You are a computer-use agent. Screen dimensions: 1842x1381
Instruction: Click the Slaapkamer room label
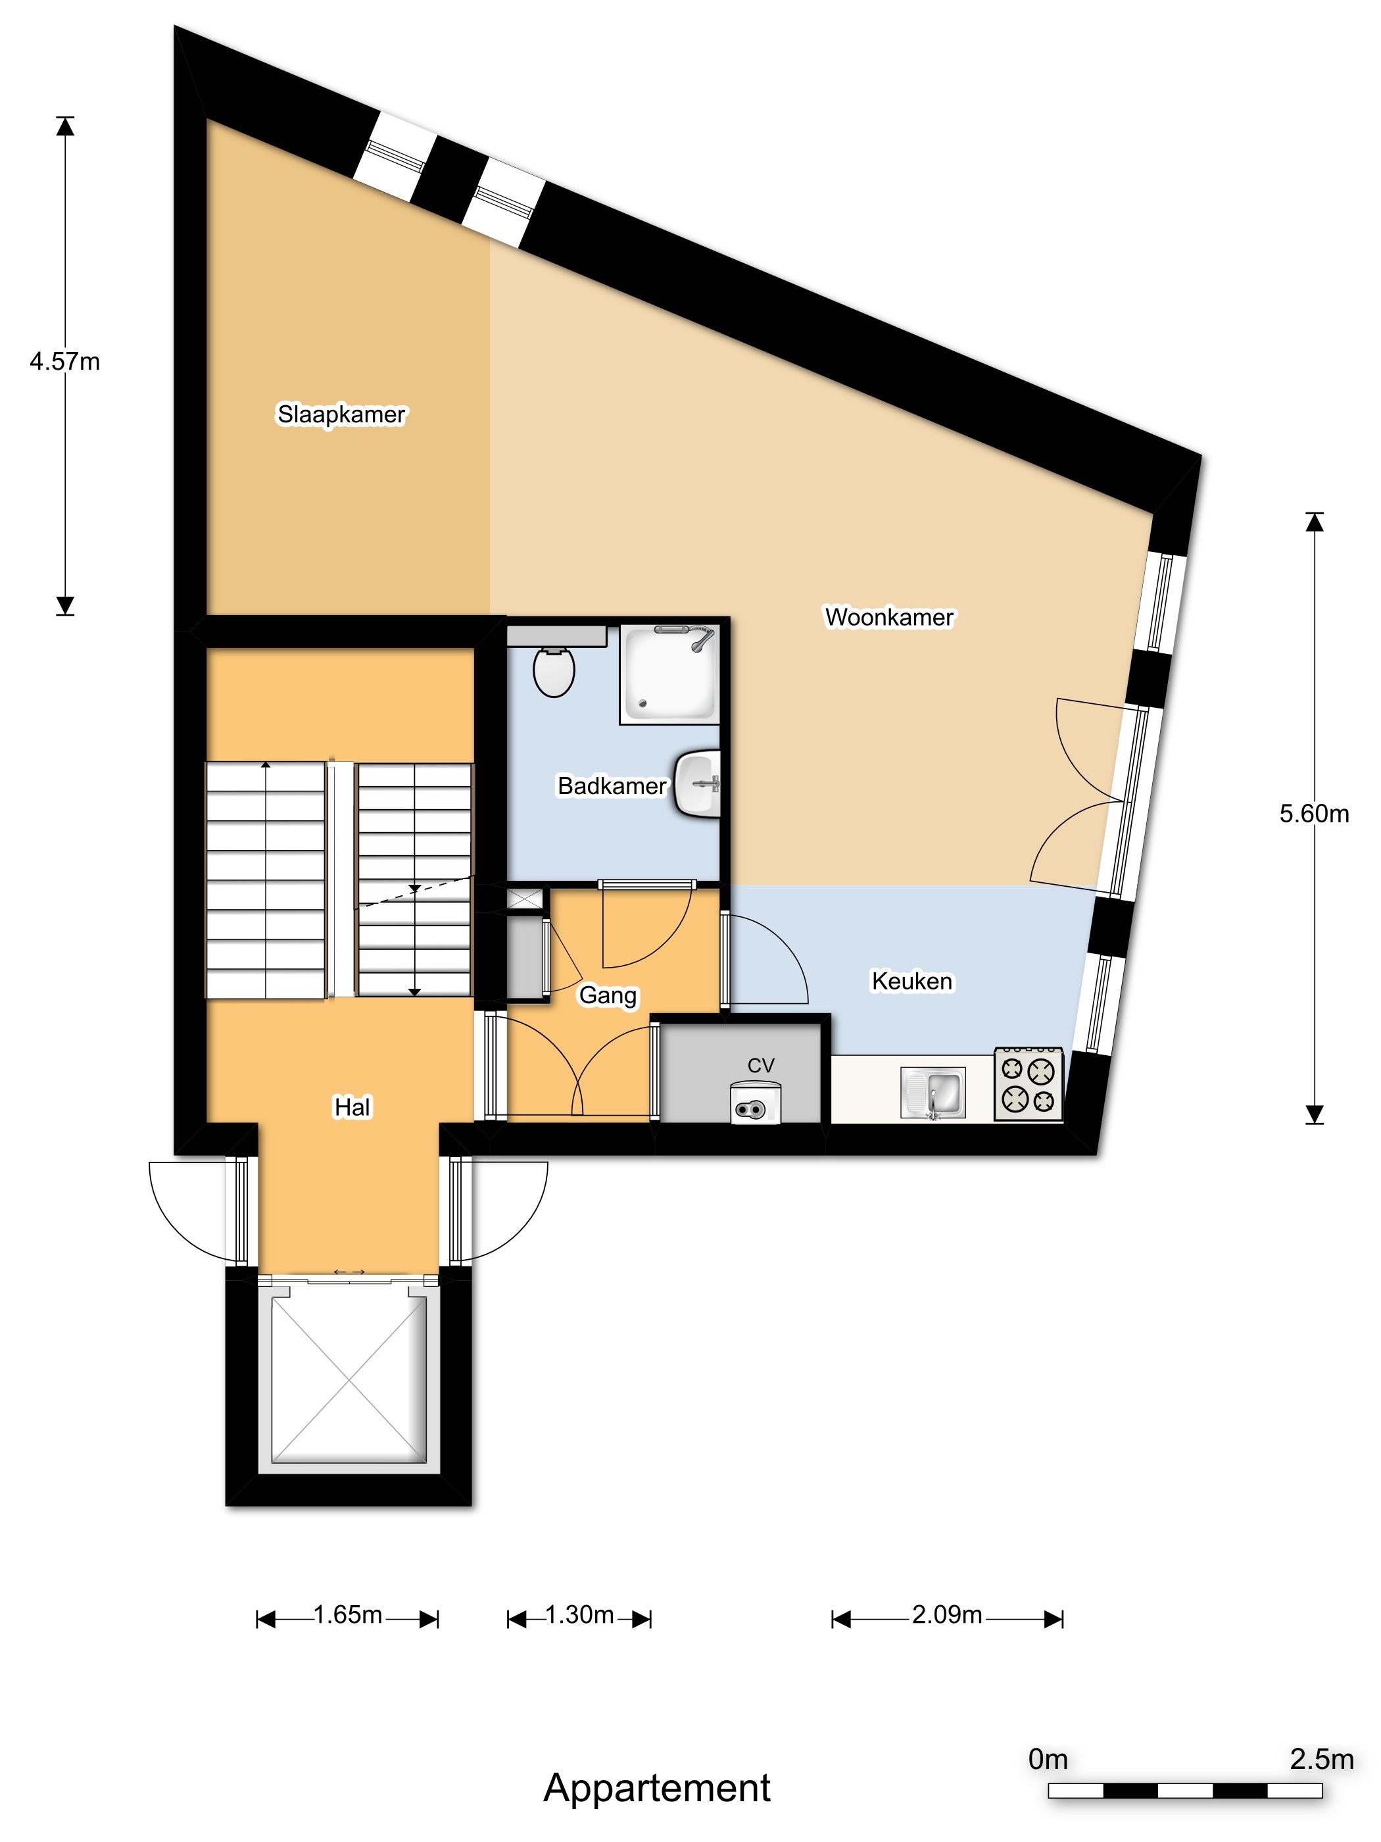pyautogui.click(x=341, y=414)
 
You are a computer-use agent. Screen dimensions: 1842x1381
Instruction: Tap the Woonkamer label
pyautogui.click(x=888, y=617)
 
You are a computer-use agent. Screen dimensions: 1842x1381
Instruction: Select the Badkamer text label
pyautogui.click(x=611, y=785)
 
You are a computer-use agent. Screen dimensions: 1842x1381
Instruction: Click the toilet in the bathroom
pyautogui.click(x=554, y=670)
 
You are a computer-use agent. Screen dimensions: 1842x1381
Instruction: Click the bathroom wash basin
pyautogui.click(x=698, y=784)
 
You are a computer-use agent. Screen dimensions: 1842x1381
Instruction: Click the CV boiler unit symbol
pyautogui.click(x=755, y=1103)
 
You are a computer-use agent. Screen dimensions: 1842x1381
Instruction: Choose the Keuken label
pyautogui.click(x=911, y=981)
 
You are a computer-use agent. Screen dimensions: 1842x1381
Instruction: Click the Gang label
pyautogui.click(x=608, y=995)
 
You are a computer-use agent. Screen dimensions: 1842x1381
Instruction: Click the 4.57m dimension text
pyautogui.click(x=65, y=361)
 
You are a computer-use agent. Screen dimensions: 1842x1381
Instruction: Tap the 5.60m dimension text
pyautogui.click(x=1313, y=814)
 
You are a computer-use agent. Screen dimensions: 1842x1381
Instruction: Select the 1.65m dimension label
pyautogui.click(x=348, y=1616)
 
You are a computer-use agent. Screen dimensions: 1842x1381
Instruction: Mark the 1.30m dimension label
pyautogui.click(x=579, y=1616)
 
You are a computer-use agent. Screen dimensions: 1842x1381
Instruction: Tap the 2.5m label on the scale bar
pyautogui.click(x=1321, y=1760)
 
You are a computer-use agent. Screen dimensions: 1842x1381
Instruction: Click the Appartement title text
pyautogui.click(x=657, y=1788)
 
